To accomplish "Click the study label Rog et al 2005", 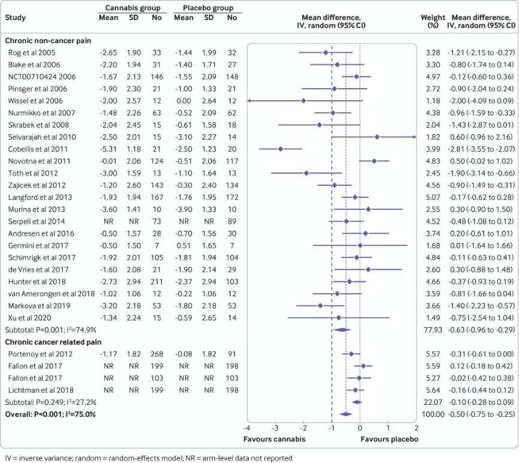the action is [32, 53].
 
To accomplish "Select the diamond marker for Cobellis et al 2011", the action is [280, 149].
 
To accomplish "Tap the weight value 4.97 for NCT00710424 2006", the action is [433, 77].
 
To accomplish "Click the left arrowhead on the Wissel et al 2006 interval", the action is [249, 101].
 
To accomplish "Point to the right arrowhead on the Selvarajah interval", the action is [415, 137].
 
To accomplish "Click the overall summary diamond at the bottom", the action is [346, 414].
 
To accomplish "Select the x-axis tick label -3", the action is [275, 428].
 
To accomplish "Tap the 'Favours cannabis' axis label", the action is [274, 439].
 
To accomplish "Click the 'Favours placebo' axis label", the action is [390, 439].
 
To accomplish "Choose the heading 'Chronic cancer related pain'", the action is [53, 342].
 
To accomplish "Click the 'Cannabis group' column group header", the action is [132, 8].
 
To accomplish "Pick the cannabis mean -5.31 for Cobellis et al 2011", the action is [108, 149].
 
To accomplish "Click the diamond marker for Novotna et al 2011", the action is [374, 161].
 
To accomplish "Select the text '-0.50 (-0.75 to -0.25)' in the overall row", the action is [482, 414].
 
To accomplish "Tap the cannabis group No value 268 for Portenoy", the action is [157, 354].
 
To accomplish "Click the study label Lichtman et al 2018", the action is [41, 390].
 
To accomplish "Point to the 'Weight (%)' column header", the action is [433, 21].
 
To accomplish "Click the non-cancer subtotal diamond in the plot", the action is [342, 329].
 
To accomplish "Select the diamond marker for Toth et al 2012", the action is [306, 173].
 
